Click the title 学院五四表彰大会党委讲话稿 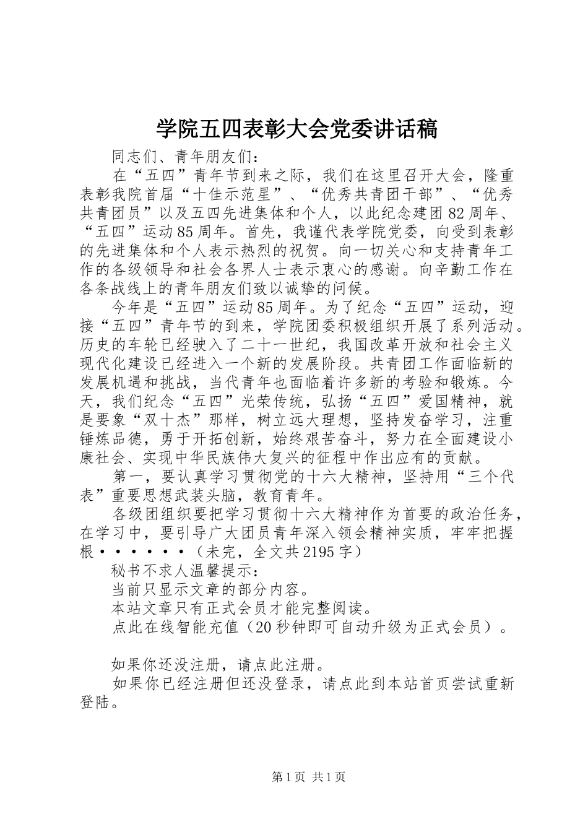pos(296,129)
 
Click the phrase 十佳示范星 pos(240,194)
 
